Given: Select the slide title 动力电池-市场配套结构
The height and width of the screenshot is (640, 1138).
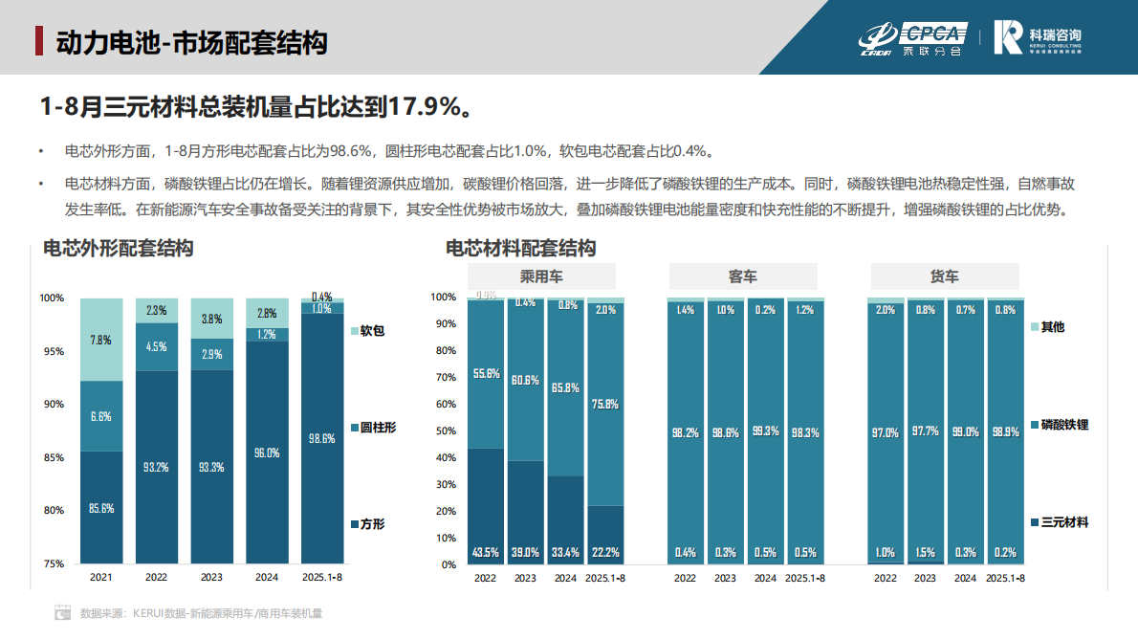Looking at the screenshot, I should pyautogui.click(x=191, y=43).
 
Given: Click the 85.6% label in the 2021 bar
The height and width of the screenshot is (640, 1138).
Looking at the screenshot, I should pyautogui.click(x=101, y=508).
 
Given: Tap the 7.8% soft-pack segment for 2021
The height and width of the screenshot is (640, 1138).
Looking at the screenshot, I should pyautogui.click(x=101, y=339).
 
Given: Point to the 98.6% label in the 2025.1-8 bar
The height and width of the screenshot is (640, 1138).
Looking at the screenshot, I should pyautogui.click(x=322, y=438).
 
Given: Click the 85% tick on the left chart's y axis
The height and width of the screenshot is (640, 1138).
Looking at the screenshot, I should pyautogui.click(x=52, y=457).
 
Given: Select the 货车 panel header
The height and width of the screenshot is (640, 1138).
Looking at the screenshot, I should pyautogui.click(x=945, y=277).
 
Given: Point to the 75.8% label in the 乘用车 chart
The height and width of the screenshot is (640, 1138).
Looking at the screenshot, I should pyautogui.click(x=604, y=404).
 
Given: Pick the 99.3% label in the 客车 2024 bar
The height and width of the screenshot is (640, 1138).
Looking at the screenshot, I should pyautogui.click(x=765, y=432).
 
